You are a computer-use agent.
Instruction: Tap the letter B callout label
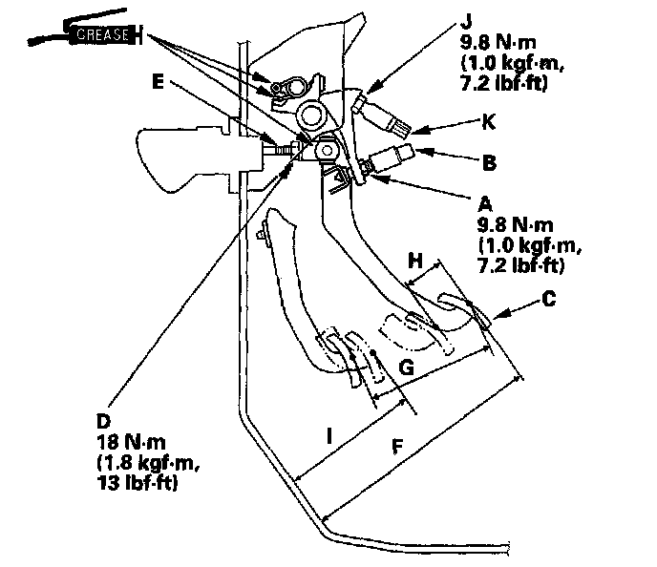tap(489, 162)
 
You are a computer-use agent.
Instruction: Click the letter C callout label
tap(547, 297)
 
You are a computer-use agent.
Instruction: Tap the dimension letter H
tap(413, 260)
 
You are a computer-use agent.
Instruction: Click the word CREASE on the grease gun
tap(100, 34)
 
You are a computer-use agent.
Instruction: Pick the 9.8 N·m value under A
tap(516, 224)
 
